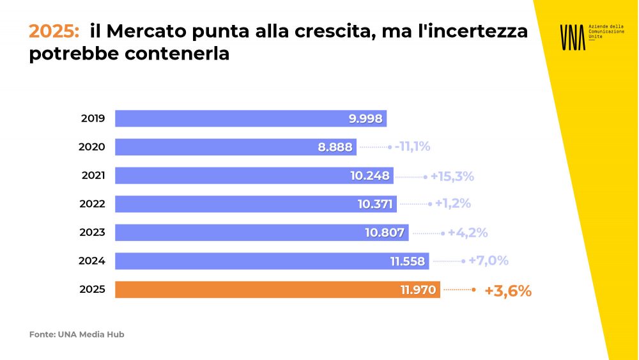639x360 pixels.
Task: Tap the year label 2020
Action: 92,147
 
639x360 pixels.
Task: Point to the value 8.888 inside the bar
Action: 335,147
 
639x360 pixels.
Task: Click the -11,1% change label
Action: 412,146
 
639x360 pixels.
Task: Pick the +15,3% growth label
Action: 452,176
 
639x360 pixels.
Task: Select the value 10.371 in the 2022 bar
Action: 375,205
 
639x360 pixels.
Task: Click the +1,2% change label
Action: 453,204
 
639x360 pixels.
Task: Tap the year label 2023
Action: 92,233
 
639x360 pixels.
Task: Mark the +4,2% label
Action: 468,233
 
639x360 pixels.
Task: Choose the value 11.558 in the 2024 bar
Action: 408,261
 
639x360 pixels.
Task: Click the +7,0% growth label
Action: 488,261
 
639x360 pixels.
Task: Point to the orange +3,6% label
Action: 508,291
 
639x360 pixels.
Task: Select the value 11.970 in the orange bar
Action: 419,290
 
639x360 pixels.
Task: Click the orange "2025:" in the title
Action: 54,31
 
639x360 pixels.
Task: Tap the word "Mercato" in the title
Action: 145,31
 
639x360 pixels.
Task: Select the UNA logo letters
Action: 572,37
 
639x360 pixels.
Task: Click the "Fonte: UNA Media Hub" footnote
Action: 77,334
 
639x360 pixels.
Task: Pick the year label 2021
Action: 92,176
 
